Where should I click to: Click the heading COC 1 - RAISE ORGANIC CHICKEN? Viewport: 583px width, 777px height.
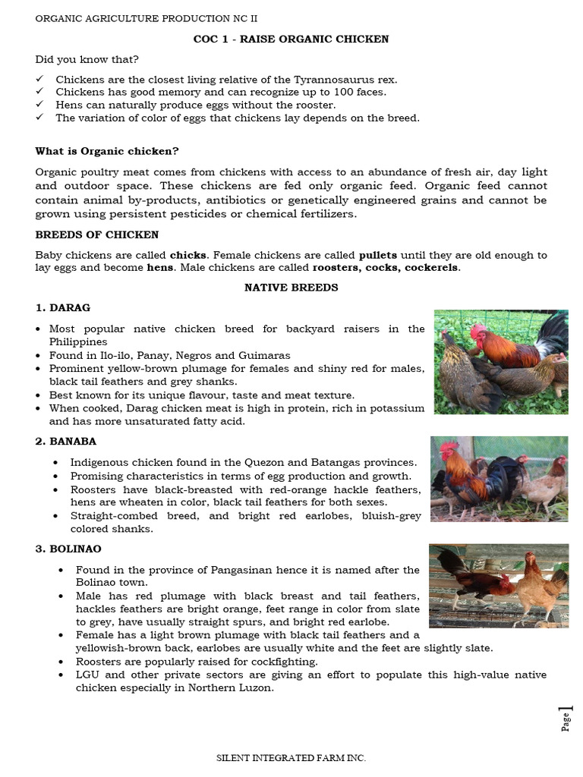pos(291,39)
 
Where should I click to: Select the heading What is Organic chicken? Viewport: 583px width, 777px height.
pos(107,151)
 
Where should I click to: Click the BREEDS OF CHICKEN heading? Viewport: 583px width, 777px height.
pos(97,234)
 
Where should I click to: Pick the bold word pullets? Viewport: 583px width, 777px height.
pos(377,255)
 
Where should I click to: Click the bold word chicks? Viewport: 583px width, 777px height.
pos(187,255)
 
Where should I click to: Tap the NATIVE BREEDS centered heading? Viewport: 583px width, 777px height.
pos(291,288)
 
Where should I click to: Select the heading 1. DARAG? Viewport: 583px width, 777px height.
pos(62,307)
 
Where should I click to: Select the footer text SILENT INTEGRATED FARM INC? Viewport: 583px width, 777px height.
pos(291,757)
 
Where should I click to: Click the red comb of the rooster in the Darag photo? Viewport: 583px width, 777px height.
pos(479,332)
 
